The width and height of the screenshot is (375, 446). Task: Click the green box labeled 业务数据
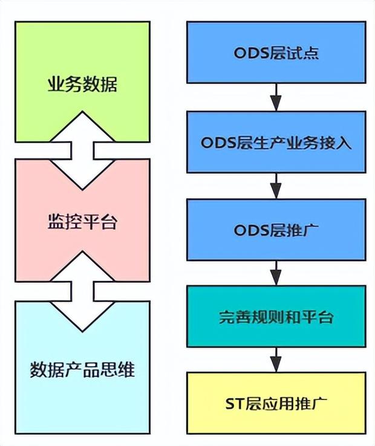point(82,57)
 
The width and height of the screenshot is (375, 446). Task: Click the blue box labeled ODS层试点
point(276,53)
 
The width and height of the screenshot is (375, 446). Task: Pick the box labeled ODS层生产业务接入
point(276,142)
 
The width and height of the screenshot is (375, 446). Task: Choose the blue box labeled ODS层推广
point(276,230)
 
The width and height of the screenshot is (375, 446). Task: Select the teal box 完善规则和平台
point(276,316)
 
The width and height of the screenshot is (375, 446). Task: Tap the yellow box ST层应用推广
point(276,403)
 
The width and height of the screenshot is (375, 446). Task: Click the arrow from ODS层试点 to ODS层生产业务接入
point(276,97)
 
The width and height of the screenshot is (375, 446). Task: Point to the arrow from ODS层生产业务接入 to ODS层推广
point(276,186)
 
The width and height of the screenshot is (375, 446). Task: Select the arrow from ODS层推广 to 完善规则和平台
point(276,273)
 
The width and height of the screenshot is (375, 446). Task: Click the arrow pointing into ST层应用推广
point(276,360)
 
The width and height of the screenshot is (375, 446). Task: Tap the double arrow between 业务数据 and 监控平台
point(82,150)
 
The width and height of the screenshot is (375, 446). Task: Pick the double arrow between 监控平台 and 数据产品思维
point(82,291)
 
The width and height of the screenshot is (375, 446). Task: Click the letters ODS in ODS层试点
point(252,53)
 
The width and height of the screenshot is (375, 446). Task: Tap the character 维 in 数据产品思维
point(126,369)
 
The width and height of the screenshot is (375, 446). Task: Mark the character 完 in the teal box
point(227,317)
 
